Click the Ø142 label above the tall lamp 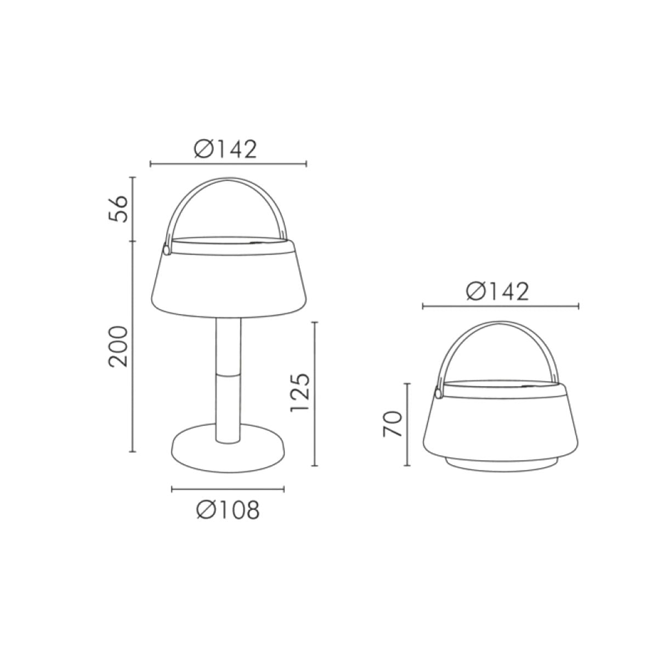coord(225,150)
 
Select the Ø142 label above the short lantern coord(497,292)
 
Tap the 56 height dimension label coord(118,208)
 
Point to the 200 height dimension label coord(118,347)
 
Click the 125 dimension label coord(300,393)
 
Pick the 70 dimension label coord(393,424)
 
